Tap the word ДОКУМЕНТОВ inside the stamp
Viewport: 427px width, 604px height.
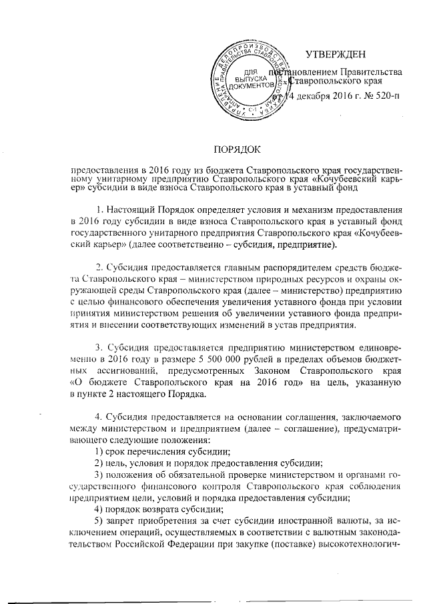pos(251,87)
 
